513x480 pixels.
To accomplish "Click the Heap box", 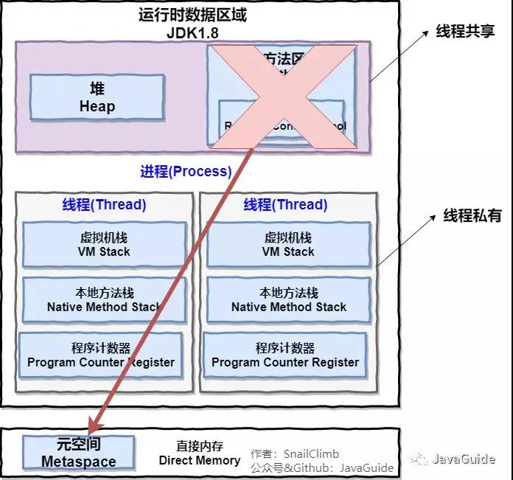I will pyautogui.click(x=97, y=97).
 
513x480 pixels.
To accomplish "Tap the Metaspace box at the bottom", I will pyautogui.click(x=78, y=453).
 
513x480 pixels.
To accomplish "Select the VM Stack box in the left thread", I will pyautogui.click(x=104, y=245).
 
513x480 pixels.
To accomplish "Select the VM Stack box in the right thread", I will pyautogui.click(x=288, y=245).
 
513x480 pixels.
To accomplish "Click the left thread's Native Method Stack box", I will pyautogui.click(x=104, y=300).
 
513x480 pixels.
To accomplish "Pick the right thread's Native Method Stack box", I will pyautogui.click(x=288, y=300).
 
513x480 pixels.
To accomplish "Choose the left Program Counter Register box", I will pyautogui.click(x=101, y=355).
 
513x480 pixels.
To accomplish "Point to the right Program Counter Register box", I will pyautogui.click(x=285, y=355).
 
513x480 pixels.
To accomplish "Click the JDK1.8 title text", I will pyautogui.click(x=193, y=33).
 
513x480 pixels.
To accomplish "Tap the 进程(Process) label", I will pyautogui.click(x=186, y=172).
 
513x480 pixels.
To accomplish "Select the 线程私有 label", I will pyautogui.click(x=472, y=215).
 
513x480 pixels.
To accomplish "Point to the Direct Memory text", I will pyautogui.click(x=200, y=460).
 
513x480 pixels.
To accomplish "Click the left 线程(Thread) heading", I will pyautogui.click(x=104, y=205).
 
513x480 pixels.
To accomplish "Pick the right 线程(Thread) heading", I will pyautogui.click(x=286, y=205).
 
